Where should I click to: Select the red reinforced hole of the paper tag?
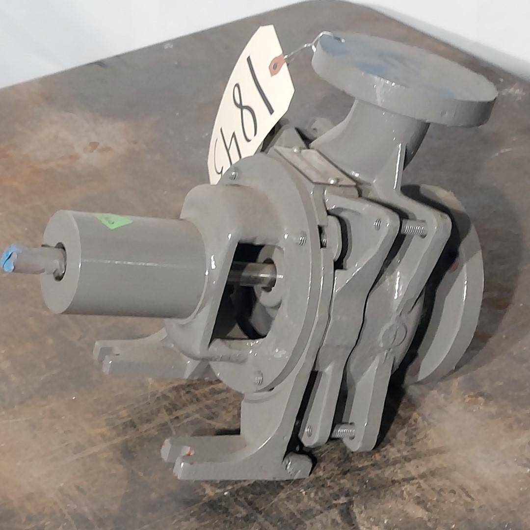[277, 65]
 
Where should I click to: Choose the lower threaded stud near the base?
[344, 431]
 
